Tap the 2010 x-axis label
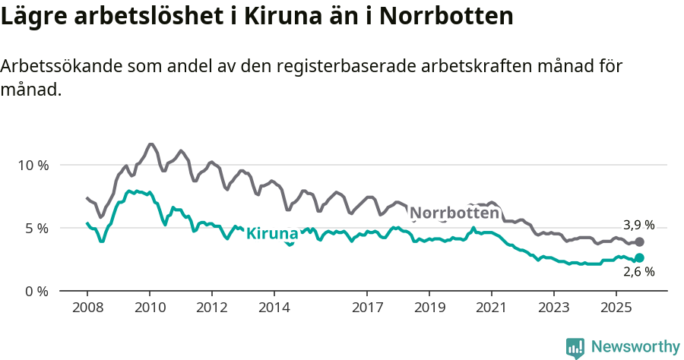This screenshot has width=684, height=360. [x=149, y=308]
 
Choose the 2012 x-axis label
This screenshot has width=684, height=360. [x=211, y=308]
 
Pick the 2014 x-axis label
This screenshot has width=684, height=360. [x=274, y=308]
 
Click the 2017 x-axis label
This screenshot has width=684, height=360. [x=367, y=308]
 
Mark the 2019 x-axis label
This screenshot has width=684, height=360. [x=429, y=308]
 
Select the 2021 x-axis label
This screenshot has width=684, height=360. [x=492, y=308]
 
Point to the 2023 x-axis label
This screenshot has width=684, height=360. [x=553, y=308]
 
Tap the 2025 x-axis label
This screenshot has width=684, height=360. [x=616, y=308]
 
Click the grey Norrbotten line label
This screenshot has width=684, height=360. [x=454, y=213]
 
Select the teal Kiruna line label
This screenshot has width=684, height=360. [x=272, y=233]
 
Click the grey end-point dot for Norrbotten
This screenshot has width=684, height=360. [x=640, y=242]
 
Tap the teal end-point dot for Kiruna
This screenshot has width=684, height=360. [x=640, y=258]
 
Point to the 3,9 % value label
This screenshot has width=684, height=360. [x=638, y=225]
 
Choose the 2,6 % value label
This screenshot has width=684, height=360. [x=638, y=272]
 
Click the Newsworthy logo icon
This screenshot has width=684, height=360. [x=575, y=347]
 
